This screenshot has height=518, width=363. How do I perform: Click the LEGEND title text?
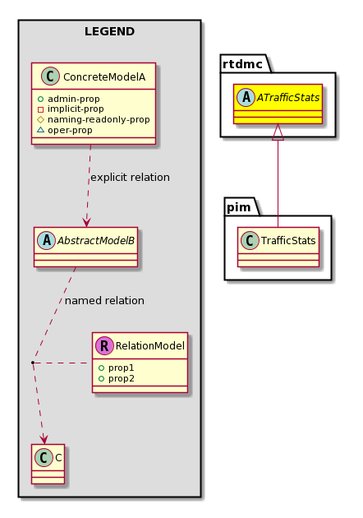coord(109,32)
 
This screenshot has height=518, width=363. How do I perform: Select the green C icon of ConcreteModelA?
coord(50,76)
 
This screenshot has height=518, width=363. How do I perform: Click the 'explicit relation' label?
coord(130,178)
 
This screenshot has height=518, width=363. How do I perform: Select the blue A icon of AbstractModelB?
coord(47,240)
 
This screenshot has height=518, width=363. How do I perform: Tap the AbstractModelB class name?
coord(96,240)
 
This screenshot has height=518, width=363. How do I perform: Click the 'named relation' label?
coord(104,301)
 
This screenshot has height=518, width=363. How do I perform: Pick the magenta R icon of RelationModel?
coord(104,345)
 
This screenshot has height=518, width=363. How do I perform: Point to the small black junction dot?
coord(33,363)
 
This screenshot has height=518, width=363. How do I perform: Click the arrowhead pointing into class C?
coord(44,439)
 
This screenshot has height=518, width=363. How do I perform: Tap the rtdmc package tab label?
coord(242,64)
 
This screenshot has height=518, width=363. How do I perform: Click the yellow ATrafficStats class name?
coord(288,98)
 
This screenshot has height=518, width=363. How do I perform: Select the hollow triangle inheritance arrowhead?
coord(278,132)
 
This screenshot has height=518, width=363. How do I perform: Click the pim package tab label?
coord(239,207)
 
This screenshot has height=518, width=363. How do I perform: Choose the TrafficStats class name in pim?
coord(288,240)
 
